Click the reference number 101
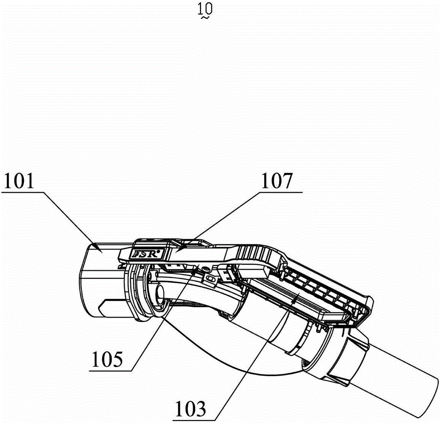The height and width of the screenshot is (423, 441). (x=19, y=181)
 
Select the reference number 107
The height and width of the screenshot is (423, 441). (x=277, y=181)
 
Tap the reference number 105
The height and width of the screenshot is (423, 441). (x=107, y=359)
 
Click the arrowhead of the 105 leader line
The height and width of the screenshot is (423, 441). (x=195, y=270)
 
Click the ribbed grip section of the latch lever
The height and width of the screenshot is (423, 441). (x=254, y=251)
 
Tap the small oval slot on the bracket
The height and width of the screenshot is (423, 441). (x=209, y=279)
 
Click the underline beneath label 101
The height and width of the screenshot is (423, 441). (x=23, y=192)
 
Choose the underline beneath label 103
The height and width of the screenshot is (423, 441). (x=195, y=420)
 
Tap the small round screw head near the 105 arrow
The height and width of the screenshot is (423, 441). (x=206, y=270)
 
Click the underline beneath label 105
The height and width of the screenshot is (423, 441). (x=111, y=371)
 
